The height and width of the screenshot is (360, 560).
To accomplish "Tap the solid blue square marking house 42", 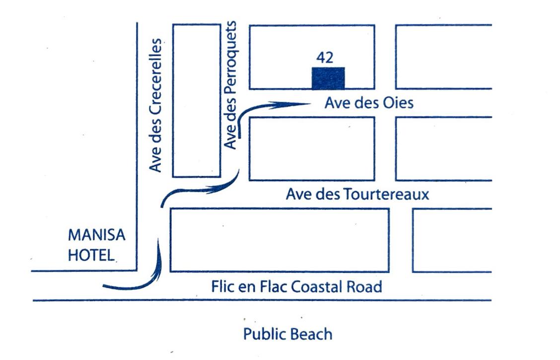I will tap(328, 78).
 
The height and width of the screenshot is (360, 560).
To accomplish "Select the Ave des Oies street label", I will tap(368, 103).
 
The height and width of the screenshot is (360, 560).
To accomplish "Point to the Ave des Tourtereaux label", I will tap(357, 194).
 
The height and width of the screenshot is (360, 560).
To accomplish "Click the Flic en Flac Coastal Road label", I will tap(296, 287).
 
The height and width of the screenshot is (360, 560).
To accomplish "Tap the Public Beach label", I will tap(287, 334).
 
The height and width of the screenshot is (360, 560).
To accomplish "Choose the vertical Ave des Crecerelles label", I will tap(156, 105).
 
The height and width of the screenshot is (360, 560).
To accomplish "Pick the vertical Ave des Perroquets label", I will tap(231, 84).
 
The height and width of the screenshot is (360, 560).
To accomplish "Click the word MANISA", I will tap(96, 234).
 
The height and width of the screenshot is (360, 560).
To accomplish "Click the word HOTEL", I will tap(91, 255).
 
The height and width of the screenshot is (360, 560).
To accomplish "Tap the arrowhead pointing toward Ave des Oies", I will tap(298, 104).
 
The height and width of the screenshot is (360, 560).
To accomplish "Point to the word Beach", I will tap(311, 334).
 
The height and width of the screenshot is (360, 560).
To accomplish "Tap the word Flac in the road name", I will tap(271, 287).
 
